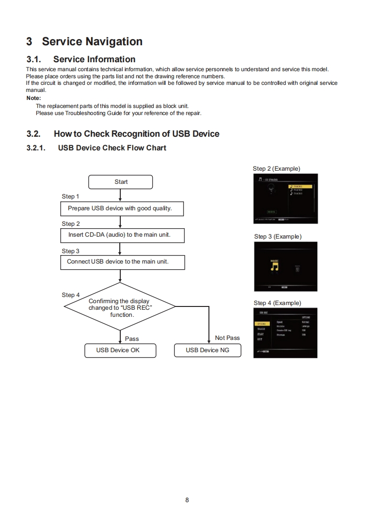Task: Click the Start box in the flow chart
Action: tap(120, 182)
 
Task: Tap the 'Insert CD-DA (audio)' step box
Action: tap(122, 235)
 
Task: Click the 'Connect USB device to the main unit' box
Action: tap(122, 262)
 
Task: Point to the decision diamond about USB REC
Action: tap(120, 307)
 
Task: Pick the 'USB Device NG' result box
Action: tap(208, 350)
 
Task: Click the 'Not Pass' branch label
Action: tap(227, 338)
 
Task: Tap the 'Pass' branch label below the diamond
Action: tap(132, 339)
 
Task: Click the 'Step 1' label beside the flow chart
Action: tap(71, 197)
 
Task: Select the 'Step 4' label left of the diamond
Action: tap(71, 295)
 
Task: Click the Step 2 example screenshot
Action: tap(285, 198)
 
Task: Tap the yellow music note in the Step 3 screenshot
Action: tap(274, 267)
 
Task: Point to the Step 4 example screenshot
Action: tap(285, 332)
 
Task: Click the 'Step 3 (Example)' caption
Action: tap(277, 237)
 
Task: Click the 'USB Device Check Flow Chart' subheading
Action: tap(112, 148)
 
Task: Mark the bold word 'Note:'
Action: tap(34, 99)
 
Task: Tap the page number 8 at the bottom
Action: tap(187, 500)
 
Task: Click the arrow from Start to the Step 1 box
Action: tap(121, 195)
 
